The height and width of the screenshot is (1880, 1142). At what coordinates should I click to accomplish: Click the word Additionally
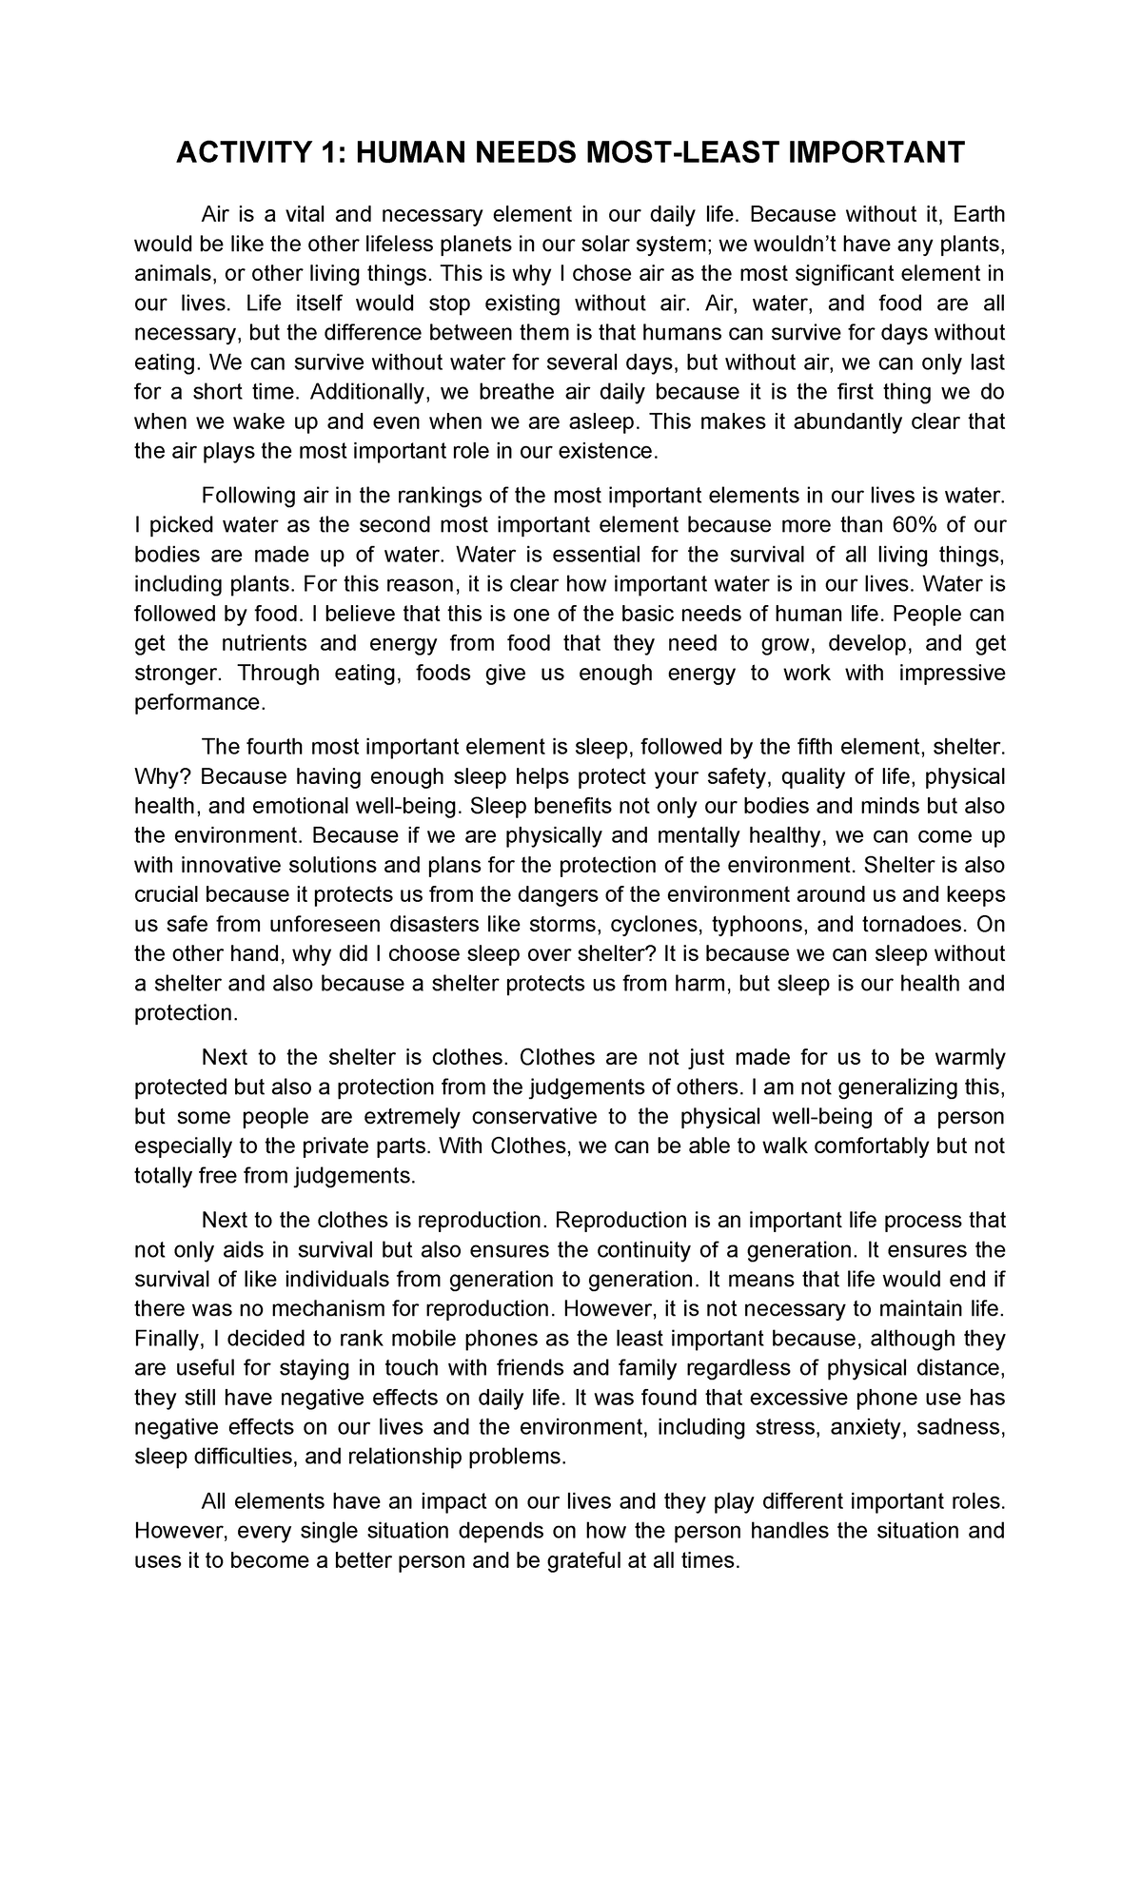(368, 392)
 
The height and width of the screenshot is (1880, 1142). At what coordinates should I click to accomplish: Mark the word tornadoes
(905, 924)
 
